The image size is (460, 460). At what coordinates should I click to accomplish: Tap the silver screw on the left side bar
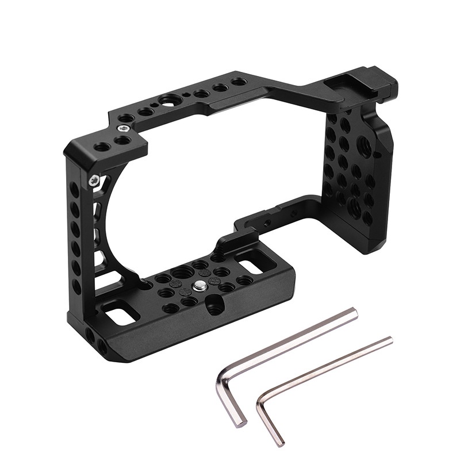[x=93, y=181]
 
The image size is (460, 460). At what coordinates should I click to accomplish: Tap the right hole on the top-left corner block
[x=122, y=140]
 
